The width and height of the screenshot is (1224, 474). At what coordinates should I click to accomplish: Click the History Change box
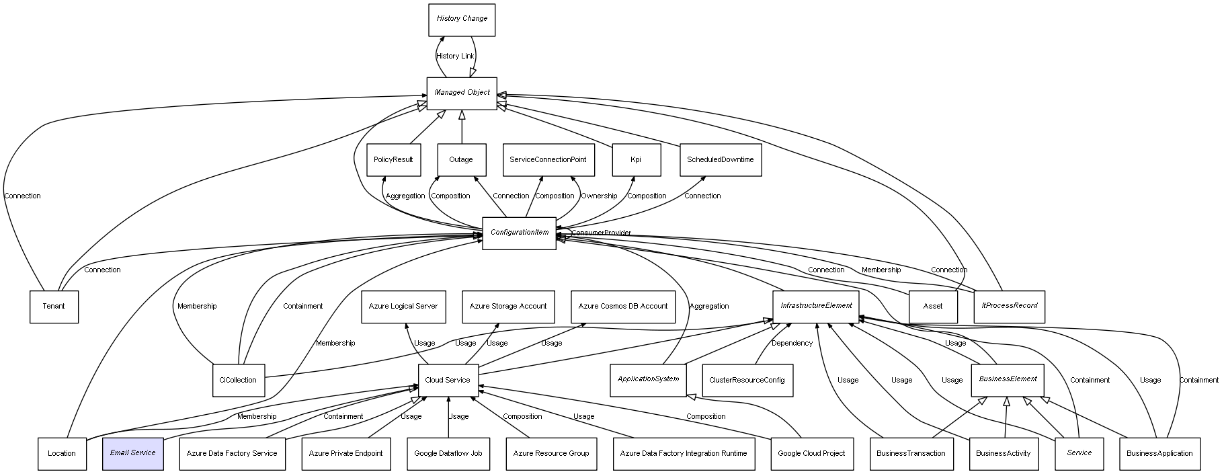(462, 19)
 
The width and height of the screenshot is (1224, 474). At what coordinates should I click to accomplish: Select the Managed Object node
(462, 93)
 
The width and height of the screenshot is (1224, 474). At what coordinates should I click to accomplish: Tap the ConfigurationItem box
(519, 233)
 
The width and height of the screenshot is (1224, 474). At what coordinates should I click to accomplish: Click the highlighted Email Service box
(133, 454)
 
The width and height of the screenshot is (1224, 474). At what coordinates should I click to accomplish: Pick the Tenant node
(54, 307)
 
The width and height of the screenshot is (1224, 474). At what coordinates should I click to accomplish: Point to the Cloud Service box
(448, 381)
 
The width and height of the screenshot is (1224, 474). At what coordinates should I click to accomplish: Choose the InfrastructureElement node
(816, 307)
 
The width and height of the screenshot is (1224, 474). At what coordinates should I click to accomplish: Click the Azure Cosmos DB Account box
(623, 307)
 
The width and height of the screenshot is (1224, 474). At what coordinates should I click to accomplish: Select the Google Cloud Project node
(811, 454)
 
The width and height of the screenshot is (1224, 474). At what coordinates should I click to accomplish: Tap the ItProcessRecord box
(1009, 307)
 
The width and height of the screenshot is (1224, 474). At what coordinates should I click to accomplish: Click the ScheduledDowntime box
(721, 161)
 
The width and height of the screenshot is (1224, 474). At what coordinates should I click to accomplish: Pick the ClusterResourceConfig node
(747, 381)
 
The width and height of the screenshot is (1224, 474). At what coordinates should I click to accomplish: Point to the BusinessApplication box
(1159, 454)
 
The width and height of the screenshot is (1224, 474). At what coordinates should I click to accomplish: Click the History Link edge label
(455, 56)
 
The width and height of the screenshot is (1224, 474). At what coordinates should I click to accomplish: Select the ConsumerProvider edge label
(601, 233)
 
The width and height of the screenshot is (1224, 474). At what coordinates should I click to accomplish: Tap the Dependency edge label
(792, 344)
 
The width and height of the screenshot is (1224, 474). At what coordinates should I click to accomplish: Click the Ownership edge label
(599, 196)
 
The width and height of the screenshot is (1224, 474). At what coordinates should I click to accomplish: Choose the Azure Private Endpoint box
(345, 454)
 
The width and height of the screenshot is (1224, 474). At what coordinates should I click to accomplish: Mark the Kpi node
(636, 161)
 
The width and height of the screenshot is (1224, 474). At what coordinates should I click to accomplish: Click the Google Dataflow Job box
(448, 454)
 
